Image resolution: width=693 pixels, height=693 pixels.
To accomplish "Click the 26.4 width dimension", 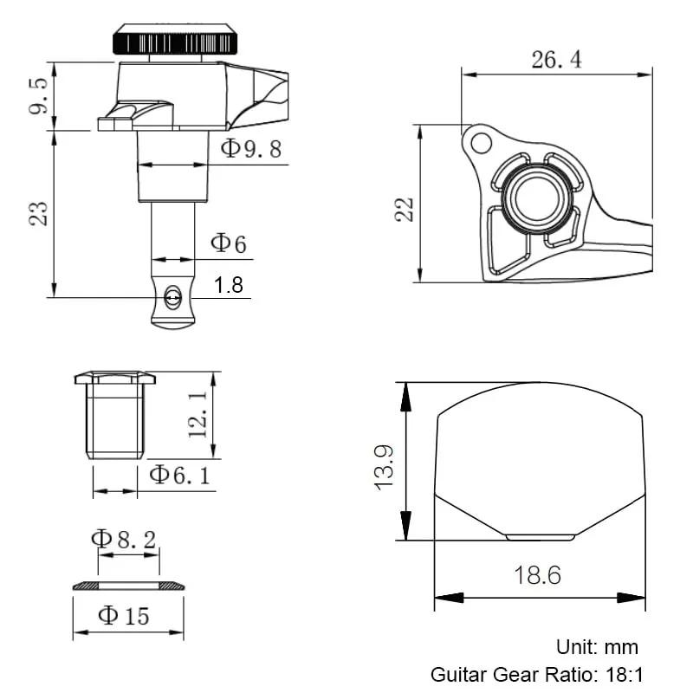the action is [556, 60].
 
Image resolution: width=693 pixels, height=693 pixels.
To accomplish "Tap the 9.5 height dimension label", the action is [38, 96].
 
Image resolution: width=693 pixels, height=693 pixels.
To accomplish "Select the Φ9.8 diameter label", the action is [251, 148].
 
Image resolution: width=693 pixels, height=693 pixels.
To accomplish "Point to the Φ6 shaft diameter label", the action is [228, 243].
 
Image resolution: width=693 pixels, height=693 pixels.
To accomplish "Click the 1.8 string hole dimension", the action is [229, 285].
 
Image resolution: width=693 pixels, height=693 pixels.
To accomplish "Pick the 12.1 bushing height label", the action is [198, 415].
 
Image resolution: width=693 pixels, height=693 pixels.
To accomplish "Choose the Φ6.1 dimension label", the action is [179, 475].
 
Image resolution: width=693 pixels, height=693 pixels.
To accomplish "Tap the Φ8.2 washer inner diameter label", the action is [124, 539].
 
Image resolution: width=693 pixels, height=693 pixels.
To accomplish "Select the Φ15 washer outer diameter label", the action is [124, 616].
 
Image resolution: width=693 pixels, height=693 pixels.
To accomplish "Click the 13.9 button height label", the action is [384, 468].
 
